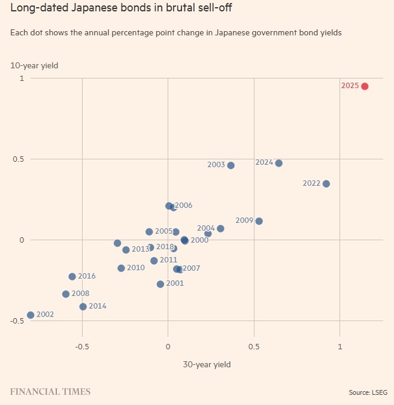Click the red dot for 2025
pos(364,86)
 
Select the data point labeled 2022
pos(326,184)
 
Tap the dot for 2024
pos(278,163)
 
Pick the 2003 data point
pos(231,165)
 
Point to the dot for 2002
pos(31,315)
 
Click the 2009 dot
pos(259,221)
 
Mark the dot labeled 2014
pos(83,307)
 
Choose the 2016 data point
pos(72,277)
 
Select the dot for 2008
pos(66,294)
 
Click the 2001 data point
pos(160,284)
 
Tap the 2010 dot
pos(121,268)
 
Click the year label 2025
pos(350,86)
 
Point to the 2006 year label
pos(183,205)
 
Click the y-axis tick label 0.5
pos(17,159)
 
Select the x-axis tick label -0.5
pos(82,347)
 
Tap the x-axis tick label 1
pos(340,347)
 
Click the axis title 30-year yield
pos(207,364)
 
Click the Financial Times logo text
pos(50,392)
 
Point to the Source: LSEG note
pos(368,393)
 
